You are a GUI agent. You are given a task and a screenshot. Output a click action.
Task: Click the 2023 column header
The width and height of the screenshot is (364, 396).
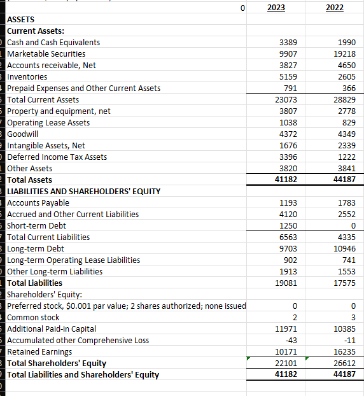(276, 8)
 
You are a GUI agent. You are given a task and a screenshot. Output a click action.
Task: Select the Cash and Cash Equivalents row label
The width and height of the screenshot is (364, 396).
(53, 42)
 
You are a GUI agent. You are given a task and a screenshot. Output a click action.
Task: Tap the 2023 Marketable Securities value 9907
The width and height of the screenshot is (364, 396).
(287, 54)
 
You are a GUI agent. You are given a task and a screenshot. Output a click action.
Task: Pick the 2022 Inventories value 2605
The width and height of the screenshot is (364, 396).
(347, 77)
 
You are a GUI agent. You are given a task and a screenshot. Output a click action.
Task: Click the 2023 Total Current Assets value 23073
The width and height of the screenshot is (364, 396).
(284, 100)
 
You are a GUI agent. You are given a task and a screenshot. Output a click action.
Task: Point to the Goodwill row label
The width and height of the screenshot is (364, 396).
(24, 134)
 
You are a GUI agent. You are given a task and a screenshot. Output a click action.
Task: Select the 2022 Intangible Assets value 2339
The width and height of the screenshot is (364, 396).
(347, 146)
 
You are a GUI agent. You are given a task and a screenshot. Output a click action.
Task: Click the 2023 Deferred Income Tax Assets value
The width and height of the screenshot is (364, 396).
(287, 157)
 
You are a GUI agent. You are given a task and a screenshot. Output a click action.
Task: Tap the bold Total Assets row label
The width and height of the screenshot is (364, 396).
(30, 180)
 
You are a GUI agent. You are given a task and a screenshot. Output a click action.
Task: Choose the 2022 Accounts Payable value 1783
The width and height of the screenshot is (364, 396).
(347, 203)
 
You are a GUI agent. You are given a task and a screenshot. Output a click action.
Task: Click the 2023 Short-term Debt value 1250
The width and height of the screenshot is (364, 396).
(287, 226)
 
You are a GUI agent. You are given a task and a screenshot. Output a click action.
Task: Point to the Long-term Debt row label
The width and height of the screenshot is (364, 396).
(34, 248)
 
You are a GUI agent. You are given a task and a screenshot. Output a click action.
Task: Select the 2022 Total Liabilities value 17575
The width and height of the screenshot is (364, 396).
(345, 283)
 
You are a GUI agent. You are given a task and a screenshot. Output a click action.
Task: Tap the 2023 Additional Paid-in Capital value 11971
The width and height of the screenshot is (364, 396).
(284, 329)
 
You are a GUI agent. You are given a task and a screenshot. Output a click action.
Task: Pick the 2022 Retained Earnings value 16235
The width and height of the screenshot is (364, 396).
(345, 352)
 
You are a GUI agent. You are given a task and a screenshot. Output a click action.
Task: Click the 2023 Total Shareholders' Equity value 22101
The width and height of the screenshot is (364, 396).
(284, 364)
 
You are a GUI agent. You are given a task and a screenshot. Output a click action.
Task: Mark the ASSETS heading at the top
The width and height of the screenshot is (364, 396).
(21, 20)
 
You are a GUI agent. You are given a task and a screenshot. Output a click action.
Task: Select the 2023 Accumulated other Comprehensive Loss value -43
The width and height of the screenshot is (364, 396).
(290, 341)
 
